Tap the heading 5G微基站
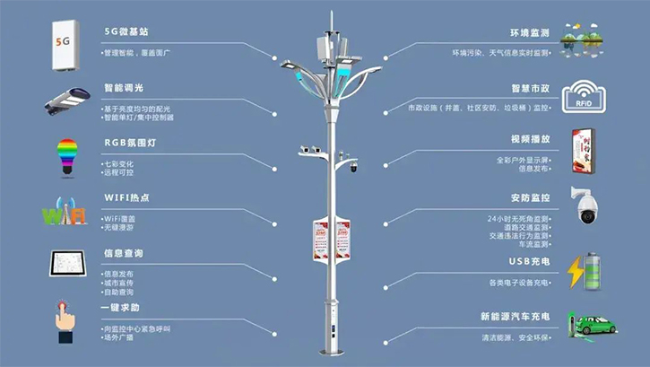pos(126,31)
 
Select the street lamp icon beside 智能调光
pos(64,100)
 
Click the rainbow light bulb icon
pos(66,154)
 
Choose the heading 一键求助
pos(124,307)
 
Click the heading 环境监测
pos(529,32)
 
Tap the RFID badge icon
pos(584,97)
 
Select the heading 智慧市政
pos(529,90)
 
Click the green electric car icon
pos(589,327)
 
